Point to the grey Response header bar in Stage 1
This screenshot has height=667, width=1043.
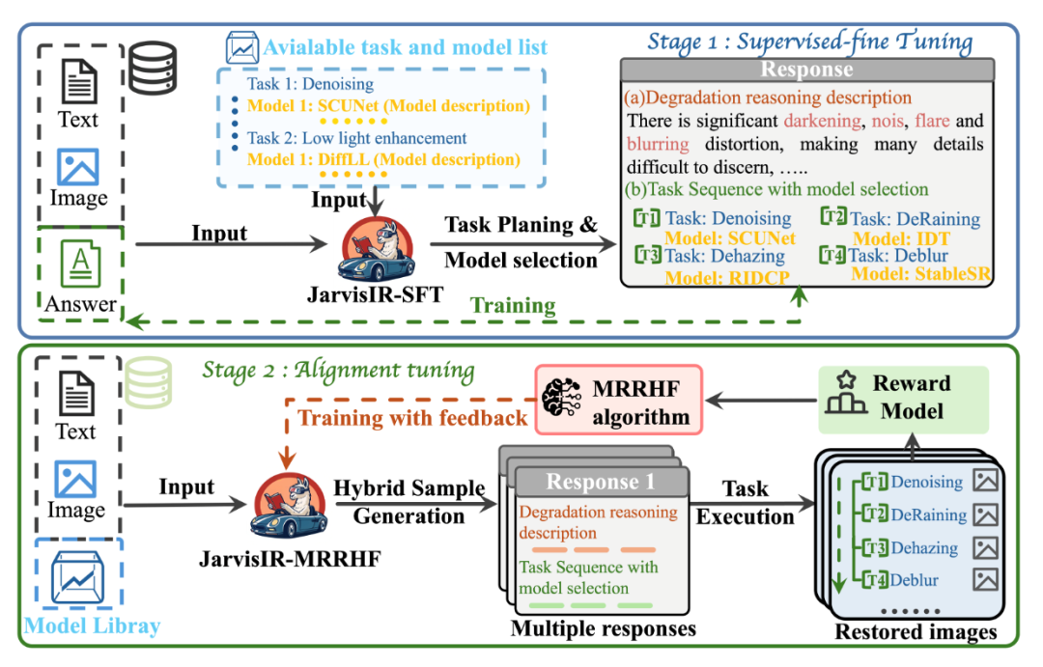807,69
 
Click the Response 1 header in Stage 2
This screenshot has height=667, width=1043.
602,482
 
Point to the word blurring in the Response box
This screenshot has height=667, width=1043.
659,144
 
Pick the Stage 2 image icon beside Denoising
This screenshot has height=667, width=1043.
985,481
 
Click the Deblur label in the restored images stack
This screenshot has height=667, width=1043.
915,580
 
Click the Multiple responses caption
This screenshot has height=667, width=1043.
605,629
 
